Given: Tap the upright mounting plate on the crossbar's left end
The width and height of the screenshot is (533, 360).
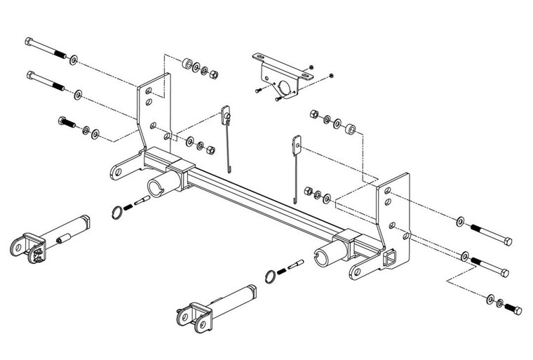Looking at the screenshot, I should [x=154, y=112].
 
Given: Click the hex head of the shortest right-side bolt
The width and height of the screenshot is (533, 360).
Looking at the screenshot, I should [x=518, y=311].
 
